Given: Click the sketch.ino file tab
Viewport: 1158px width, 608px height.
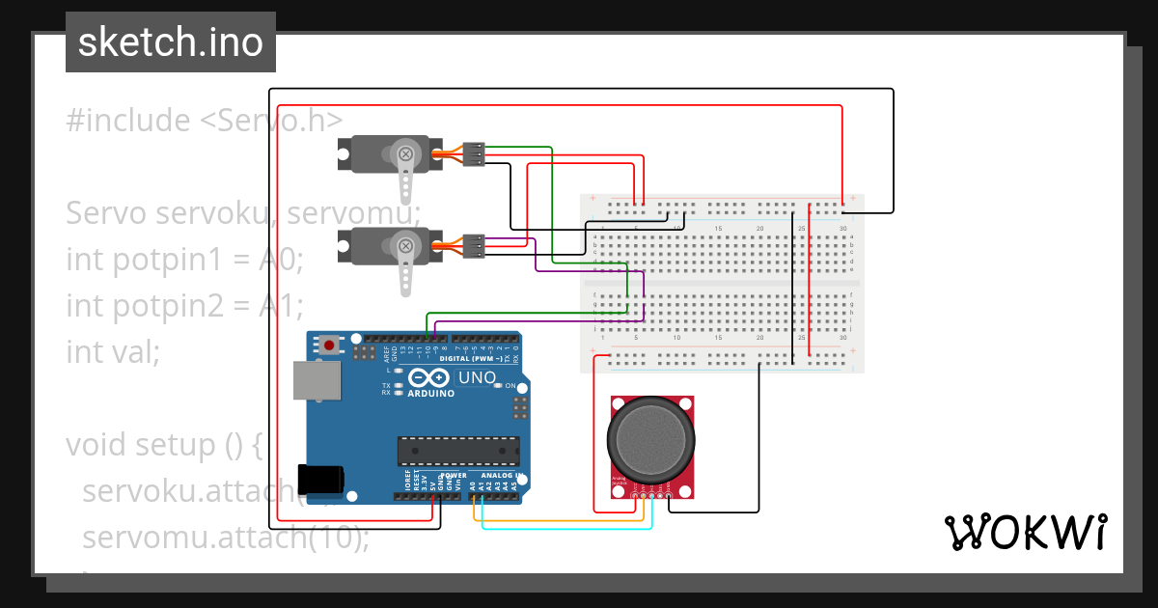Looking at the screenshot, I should [171, 42].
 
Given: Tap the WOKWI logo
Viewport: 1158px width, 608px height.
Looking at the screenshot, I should [1025, 532].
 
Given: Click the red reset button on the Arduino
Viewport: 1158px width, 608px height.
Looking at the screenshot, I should [330, 344].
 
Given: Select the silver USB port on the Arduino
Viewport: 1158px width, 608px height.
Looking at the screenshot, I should [317, 380].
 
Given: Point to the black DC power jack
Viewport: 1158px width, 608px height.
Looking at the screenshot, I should [322, 480].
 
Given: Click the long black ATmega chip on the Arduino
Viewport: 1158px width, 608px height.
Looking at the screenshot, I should [458, 450].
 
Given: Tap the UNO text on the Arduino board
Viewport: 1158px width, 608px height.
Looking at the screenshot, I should [476, 377].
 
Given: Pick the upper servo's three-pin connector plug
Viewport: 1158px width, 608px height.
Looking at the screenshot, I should [473, 153].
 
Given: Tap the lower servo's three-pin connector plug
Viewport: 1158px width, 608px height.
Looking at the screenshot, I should [473, 247].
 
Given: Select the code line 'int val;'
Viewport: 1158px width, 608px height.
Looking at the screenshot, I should [113, 352].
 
